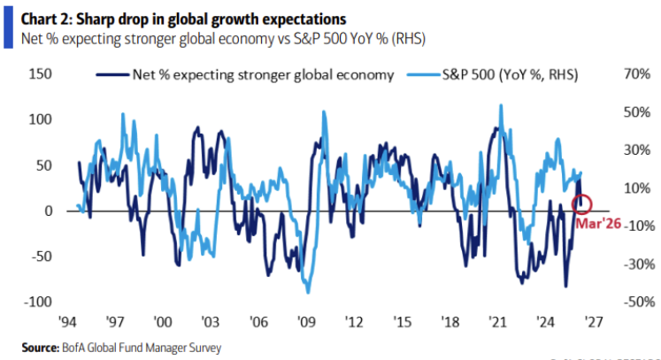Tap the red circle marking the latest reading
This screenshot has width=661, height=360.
click(581, 204)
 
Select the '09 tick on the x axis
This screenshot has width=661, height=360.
click(308, 322)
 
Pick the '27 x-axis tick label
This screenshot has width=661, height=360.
click(596, 322)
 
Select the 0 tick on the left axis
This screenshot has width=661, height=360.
click(49, 211)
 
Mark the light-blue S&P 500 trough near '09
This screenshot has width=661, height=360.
click(308, 292)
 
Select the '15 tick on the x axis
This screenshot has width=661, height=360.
click(404, 322)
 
